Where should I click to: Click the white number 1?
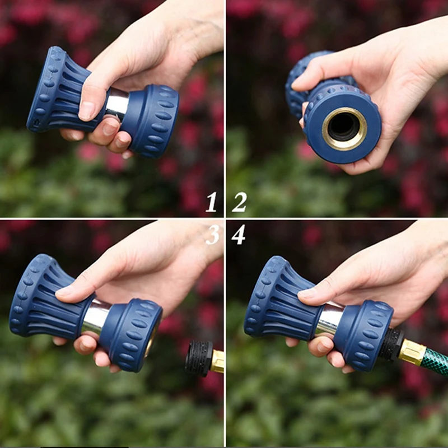[x=211, y=202]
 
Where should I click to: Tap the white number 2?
[x=239, y=202]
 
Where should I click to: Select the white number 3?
[x=212, y=234]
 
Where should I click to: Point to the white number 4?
[x=239, y=234]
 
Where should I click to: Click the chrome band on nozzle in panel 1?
[x=118, y=103]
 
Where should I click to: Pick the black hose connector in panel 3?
[x=198, y=358]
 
